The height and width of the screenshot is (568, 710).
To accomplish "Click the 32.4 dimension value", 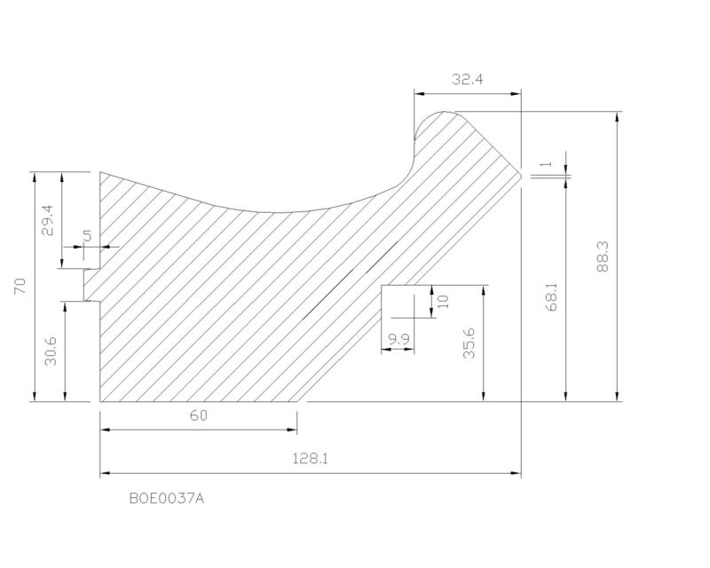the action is (x=468, y=80).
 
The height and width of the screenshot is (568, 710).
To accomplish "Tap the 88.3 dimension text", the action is (x=603, y=256).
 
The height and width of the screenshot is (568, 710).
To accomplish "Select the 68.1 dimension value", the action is (x=552, y=296).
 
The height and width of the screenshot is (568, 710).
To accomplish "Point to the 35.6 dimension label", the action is (x=469, y=343).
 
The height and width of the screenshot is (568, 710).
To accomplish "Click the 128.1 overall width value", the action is (x=310, y=458).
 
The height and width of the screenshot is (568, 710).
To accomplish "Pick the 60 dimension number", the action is (x=198, y=415).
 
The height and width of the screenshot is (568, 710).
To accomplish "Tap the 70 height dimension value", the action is (x=20, y=287).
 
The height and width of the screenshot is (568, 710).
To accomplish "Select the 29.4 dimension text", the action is (x=47, y=220).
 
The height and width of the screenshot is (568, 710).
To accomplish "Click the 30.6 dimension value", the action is (x=51, y=351).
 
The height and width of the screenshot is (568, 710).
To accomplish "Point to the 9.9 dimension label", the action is (x=398, y=339).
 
